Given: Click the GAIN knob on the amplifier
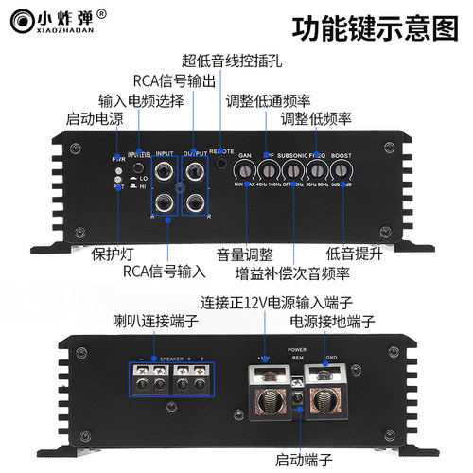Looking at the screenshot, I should click(244, 171).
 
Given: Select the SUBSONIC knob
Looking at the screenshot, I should click(293, 171).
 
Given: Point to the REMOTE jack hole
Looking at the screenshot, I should click(223, 163).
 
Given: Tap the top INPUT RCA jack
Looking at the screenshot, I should click(166, 172).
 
